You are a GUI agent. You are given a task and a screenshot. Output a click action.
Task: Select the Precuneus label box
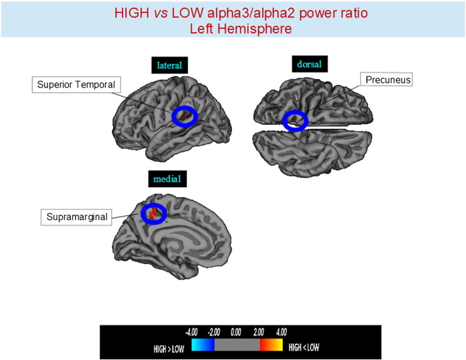[386, 80]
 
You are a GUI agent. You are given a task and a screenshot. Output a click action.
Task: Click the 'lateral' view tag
[169, 65]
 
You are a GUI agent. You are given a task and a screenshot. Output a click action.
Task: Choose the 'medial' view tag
[167, 180]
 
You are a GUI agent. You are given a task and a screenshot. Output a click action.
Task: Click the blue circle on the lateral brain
[185, 116]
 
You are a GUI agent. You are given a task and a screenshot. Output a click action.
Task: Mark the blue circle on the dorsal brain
[295, 121]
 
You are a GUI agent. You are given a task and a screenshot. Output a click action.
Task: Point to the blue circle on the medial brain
[154, 214]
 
